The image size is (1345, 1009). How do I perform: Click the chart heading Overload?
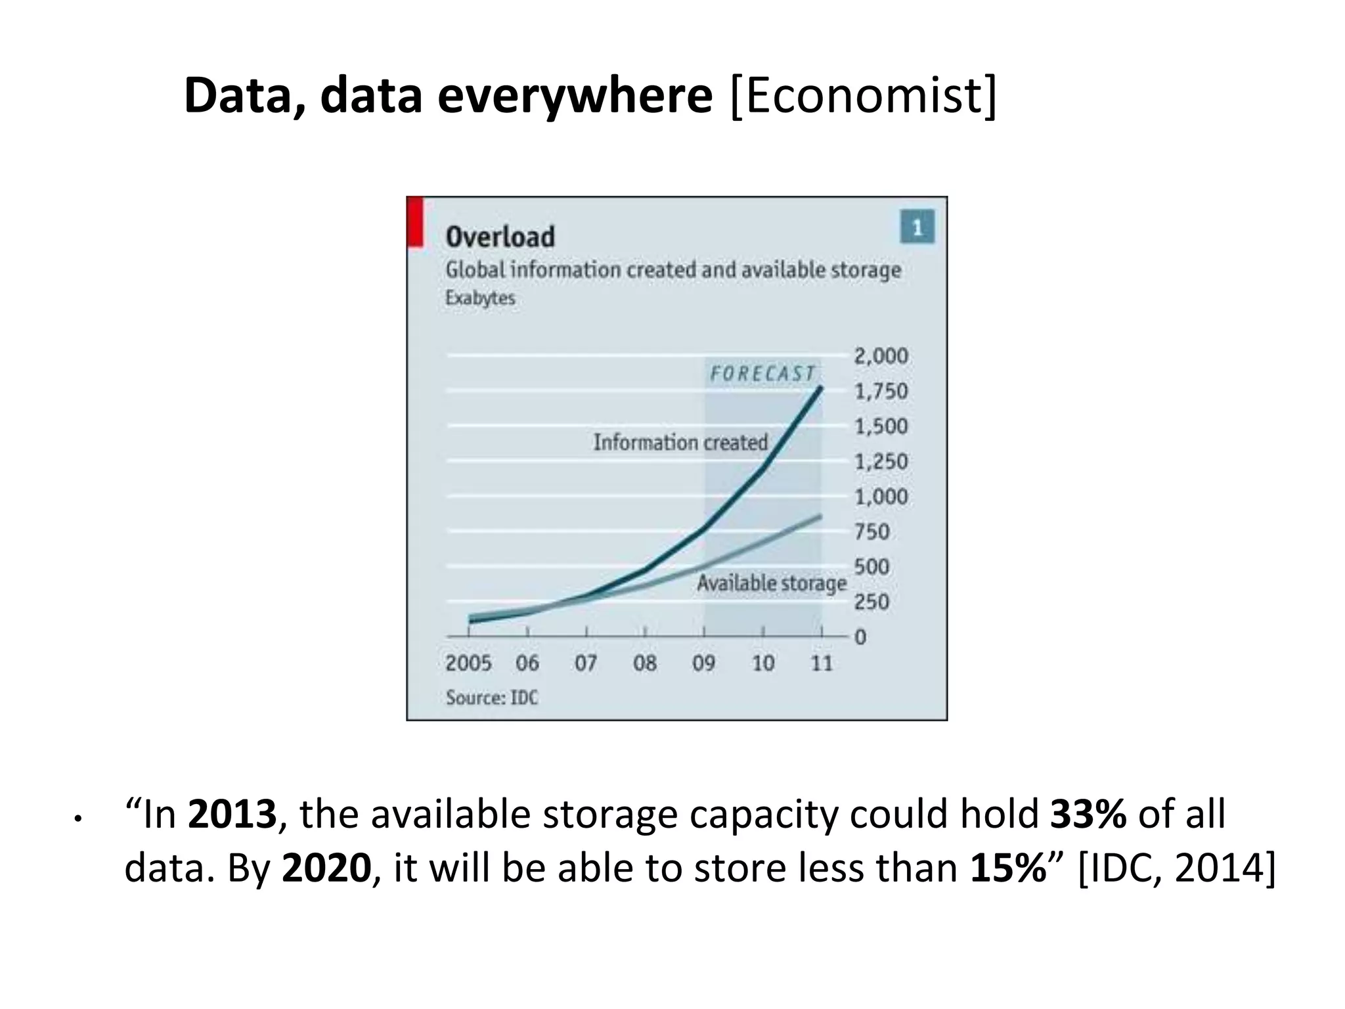500,237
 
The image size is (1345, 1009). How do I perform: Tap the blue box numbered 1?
917,227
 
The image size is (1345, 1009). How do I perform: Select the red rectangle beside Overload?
415,223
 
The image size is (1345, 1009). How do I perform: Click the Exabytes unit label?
479,298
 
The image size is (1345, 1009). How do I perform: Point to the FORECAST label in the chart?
762,374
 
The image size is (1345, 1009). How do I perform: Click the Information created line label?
680,442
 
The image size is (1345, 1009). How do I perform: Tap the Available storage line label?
772,583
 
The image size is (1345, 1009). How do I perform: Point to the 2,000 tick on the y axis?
881,356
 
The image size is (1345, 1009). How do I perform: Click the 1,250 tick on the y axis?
881,462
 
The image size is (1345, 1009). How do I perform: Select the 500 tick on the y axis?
871,567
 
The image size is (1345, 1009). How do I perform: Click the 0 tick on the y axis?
860,637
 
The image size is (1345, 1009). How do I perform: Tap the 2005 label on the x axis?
468,663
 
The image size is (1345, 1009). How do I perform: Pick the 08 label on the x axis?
645,663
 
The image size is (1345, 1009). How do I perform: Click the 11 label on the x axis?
822,663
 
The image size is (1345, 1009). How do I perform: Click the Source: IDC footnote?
491,698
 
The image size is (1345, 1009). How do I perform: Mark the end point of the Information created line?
820,388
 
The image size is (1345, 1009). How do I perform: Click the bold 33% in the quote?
1088,815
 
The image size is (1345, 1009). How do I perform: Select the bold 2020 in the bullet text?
326,868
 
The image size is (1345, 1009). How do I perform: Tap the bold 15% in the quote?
1007,868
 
